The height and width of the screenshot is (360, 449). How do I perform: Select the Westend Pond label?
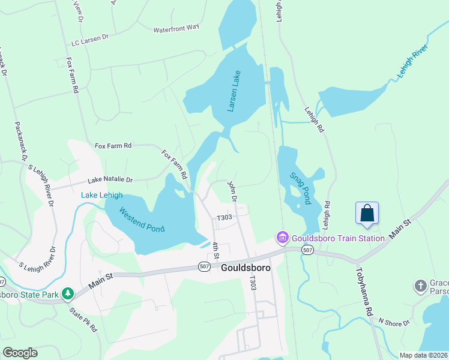(142, 220)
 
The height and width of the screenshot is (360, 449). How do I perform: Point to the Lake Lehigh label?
(102, 195)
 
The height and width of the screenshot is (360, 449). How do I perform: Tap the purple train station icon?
(282, 238)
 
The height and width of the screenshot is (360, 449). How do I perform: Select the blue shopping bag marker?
(367, 214)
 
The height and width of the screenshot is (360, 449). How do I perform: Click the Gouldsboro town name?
(246, 268)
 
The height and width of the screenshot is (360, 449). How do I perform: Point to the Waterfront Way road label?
(176, 28)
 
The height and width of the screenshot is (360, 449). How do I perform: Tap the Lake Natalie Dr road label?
(110, 179)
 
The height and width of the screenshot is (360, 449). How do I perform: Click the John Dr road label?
(233, 191)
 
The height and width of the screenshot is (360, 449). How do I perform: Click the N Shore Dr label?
(393, 322)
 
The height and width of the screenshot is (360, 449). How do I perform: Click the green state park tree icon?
(69, 293)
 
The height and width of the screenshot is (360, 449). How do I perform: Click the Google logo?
(20, 352)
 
